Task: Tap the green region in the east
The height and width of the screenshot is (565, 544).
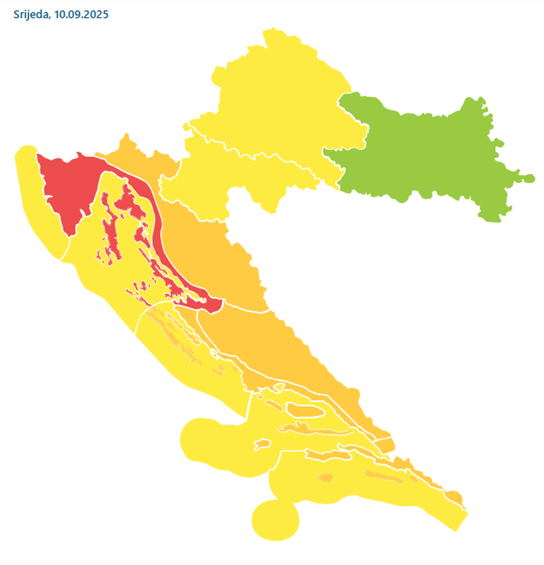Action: click(x=422, y=153)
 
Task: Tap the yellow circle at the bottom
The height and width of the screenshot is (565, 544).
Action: click(x=275, y=520)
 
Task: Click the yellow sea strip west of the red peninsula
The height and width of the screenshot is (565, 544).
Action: click(x=37, y=202)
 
